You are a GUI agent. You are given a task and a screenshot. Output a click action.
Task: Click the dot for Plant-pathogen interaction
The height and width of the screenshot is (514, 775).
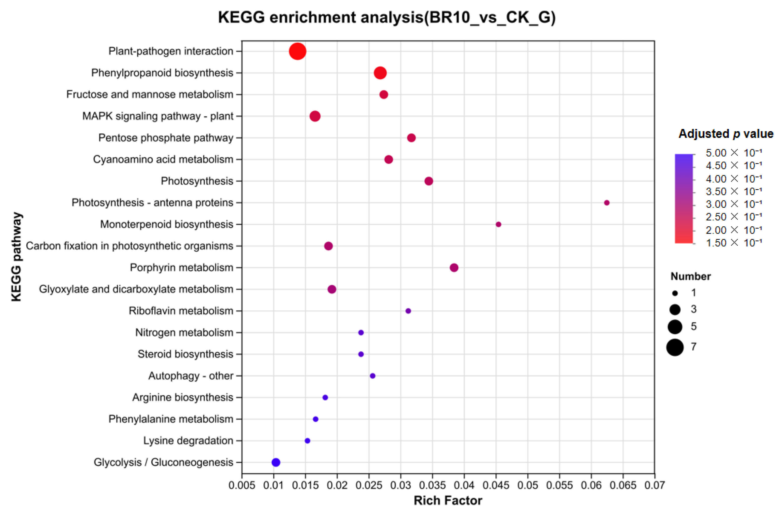[298, 51]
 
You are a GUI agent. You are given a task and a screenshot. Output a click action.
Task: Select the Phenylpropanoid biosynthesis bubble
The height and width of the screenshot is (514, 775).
[380, 73]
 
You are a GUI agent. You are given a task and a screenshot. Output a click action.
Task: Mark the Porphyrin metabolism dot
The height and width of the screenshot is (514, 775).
[454, 268]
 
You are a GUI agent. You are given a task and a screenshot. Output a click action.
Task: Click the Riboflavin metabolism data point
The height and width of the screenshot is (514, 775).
[408, 311]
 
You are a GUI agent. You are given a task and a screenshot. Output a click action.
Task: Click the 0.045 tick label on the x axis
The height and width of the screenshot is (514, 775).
[496, 485]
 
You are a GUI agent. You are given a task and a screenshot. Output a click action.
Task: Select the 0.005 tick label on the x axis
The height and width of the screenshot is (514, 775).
[242, 485]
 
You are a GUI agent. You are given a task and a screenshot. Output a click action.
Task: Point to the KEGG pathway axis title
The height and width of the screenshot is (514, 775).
[16, 257]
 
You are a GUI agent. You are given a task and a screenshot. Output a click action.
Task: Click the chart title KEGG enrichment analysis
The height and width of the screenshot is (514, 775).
[387, 17]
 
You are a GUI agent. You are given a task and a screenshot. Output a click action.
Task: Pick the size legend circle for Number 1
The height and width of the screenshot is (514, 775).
[675, 293]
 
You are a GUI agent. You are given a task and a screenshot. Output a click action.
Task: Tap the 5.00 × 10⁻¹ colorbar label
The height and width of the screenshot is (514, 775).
[734, 153]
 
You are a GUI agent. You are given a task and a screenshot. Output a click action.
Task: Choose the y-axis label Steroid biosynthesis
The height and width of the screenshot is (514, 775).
[186, 354]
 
